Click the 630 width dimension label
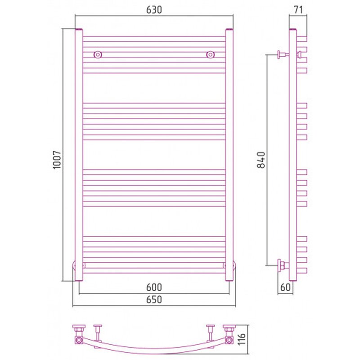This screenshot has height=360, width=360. click(154, 10)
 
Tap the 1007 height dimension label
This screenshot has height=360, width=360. click(57, 160)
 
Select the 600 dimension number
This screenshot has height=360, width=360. click(154, 287)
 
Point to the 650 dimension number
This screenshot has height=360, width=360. click(154, 299)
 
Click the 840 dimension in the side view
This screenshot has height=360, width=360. click(261, 160)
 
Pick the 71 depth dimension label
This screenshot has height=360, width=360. click(298, 10)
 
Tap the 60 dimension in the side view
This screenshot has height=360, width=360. click(285, 287)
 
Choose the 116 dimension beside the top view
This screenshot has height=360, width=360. click(242, 339)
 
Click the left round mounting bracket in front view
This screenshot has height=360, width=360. click(98, 54)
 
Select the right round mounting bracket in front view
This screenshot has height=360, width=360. click(210, 54)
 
